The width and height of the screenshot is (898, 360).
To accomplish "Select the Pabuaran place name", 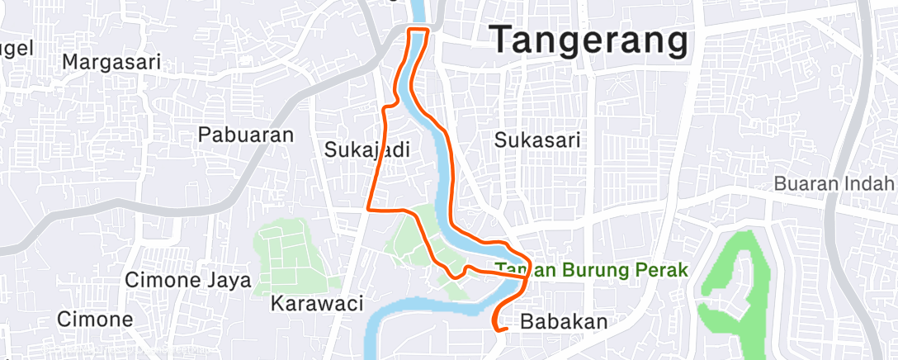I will pyautogui.click(x=246, y=135).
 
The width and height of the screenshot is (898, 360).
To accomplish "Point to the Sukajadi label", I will pyautogui.click(x=366, y=149).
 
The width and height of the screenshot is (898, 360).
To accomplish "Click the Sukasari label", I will pyautogui.click(x=536, y=140).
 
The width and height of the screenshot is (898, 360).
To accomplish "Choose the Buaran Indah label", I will pyautogui.click(x=834, y=183).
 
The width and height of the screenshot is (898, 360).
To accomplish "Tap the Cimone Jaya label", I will pyautogui.click(x=187, y=280).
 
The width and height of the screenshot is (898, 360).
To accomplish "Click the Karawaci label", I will pyautogui.click(x=317, y=303).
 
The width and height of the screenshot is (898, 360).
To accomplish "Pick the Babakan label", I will pyautogui.click(x=564, y=321).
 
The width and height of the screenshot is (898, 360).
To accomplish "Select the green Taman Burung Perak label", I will pyautogui.click(x=591, y=270).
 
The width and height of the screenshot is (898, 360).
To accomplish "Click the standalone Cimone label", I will pyautogui.click(x=95, y=319).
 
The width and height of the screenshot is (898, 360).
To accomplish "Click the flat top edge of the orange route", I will pyautogui.click(x=418, y=30).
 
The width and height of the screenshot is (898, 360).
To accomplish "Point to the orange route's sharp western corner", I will pyautogui.click(x=367, y=208).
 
